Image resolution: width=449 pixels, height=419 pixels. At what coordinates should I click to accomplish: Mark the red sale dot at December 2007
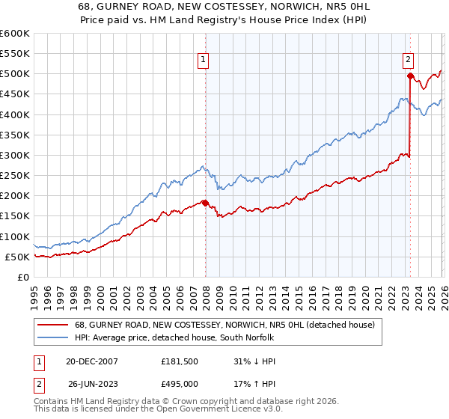206,203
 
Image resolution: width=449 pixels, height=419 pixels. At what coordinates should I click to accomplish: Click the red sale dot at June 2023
410,76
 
